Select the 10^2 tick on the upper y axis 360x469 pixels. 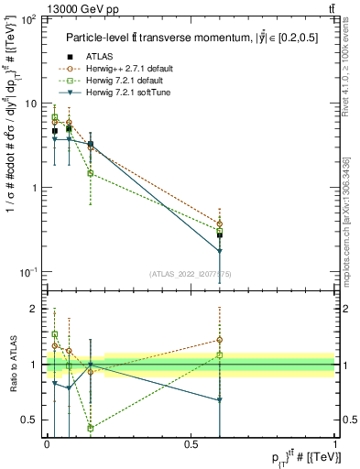(29, 19)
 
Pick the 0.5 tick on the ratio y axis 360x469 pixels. (31, 420)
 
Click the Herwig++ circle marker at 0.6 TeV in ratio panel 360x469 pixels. (220, 340)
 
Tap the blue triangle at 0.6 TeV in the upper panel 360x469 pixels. (220, 251)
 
